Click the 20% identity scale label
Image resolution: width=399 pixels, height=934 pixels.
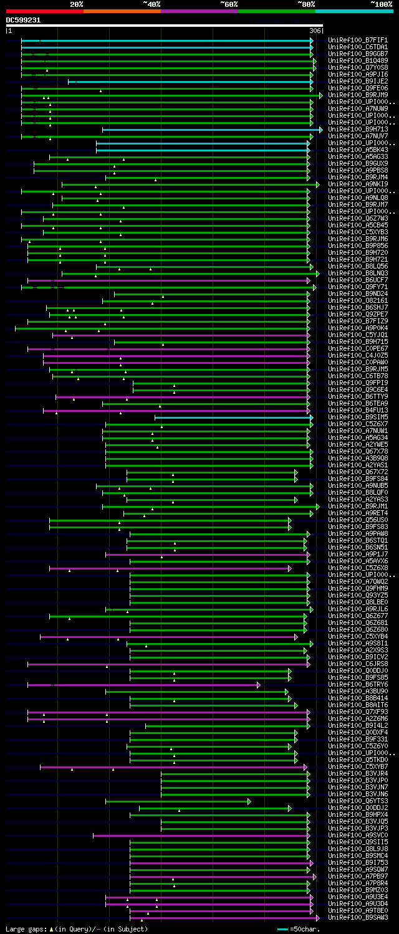[76, 4]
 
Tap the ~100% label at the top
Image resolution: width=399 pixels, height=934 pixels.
[381, 4]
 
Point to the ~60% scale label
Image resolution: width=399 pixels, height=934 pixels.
[229, 4]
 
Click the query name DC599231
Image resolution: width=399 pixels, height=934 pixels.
[23, 20]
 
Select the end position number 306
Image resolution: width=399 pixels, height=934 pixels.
[315, 31]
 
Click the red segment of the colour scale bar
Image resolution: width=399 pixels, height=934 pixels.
[44, 11]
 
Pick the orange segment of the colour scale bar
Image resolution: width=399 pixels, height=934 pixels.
[122, 11]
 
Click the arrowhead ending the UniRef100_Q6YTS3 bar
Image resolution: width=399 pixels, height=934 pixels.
[249, 801]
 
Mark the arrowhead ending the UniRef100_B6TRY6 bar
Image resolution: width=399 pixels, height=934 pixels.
[259, 685]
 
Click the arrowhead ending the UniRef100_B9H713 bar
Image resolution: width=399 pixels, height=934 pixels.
[320, 130]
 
